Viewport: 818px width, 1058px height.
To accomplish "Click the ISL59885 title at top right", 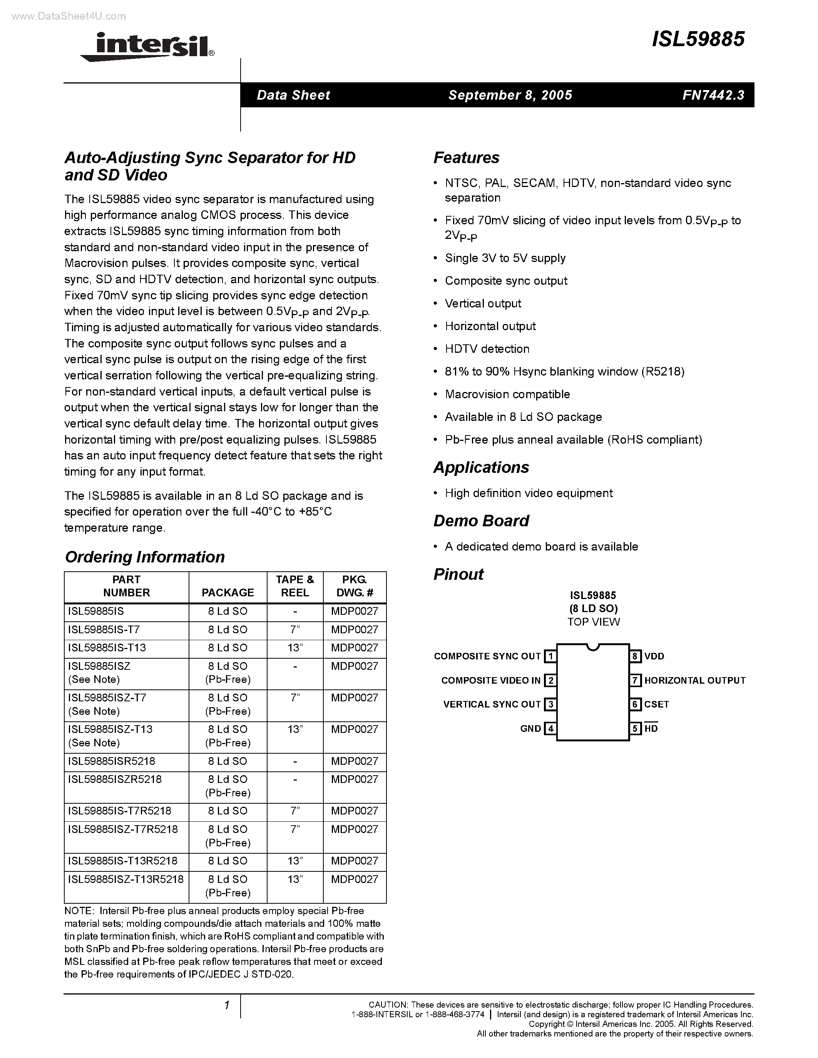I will click(698, 39).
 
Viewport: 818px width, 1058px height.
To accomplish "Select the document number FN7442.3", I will click(713, 95).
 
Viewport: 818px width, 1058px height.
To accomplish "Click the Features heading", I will click(466, 158).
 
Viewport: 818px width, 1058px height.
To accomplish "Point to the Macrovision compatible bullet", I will click(507, 394).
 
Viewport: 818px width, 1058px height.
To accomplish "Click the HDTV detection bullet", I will click(487, 349).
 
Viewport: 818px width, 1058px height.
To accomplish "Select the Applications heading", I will click(481, 467).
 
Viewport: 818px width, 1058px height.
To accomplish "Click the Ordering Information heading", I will click(144, 557).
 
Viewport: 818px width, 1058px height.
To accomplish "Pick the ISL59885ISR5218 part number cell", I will click(112, 761).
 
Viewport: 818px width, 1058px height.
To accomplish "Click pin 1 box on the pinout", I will click(550, 656).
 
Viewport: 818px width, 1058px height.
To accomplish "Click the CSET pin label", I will click(656, 704).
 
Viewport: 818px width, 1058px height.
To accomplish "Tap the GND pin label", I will click(530, 729).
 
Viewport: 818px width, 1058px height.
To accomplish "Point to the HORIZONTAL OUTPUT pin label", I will click(694, 681).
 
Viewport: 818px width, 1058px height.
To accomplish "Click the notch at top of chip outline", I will click(593, 647).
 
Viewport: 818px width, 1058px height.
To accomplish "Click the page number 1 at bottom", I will click(226, 1006).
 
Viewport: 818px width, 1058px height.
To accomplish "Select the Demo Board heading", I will click(481, 521).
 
